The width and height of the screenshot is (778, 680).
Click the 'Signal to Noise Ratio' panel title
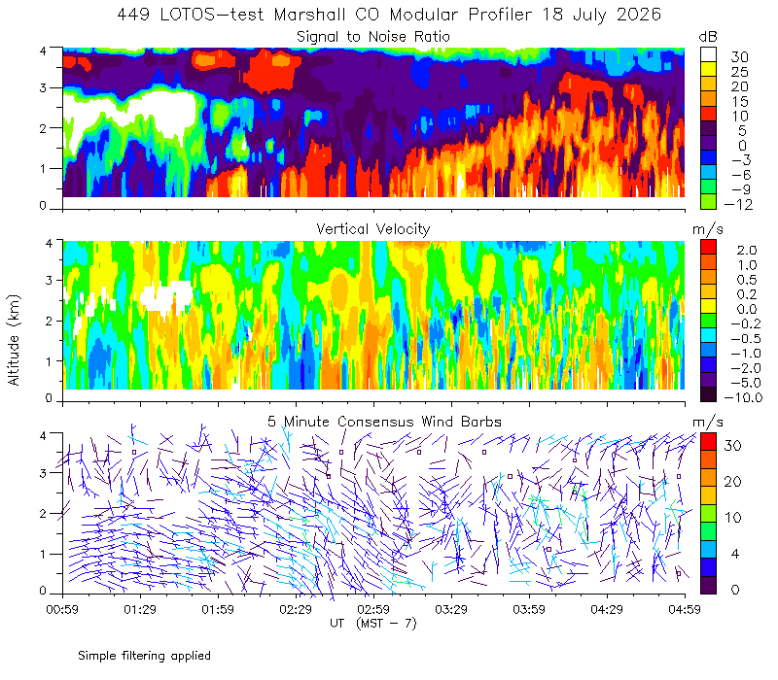pos(373,37)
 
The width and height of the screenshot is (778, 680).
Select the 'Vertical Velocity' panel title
pos(373,229)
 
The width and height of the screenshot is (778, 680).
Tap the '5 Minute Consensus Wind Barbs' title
pos(384,422)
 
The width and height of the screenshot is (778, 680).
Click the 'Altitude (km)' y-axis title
pos(14,340)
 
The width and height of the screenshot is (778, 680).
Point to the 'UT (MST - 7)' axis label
pos(373,624)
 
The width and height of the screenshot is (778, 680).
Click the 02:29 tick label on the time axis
pos(296,609)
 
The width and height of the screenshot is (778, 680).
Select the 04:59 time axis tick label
pos(685,609)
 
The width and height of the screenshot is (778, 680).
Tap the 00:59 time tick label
pos(62,609)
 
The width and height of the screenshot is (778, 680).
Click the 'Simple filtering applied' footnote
pos(144,656)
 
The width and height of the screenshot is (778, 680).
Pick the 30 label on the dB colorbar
pos(739,57)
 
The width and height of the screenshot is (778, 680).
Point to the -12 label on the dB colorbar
pos(738,204)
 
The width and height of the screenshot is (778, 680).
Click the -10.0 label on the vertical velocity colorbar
pos(743,397)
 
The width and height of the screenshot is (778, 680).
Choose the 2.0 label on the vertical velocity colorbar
pos(747,250)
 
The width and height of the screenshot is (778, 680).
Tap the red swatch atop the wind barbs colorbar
pos(709,441)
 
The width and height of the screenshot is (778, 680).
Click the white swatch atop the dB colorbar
pos(709,54)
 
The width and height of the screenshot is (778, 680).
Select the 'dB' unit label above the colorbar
pos(708,37)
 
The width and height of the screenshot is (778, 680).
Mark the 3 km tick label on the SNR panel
pos(43,87)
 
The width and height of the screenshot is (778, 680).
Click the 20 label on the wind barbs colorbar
pos(733,481)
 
